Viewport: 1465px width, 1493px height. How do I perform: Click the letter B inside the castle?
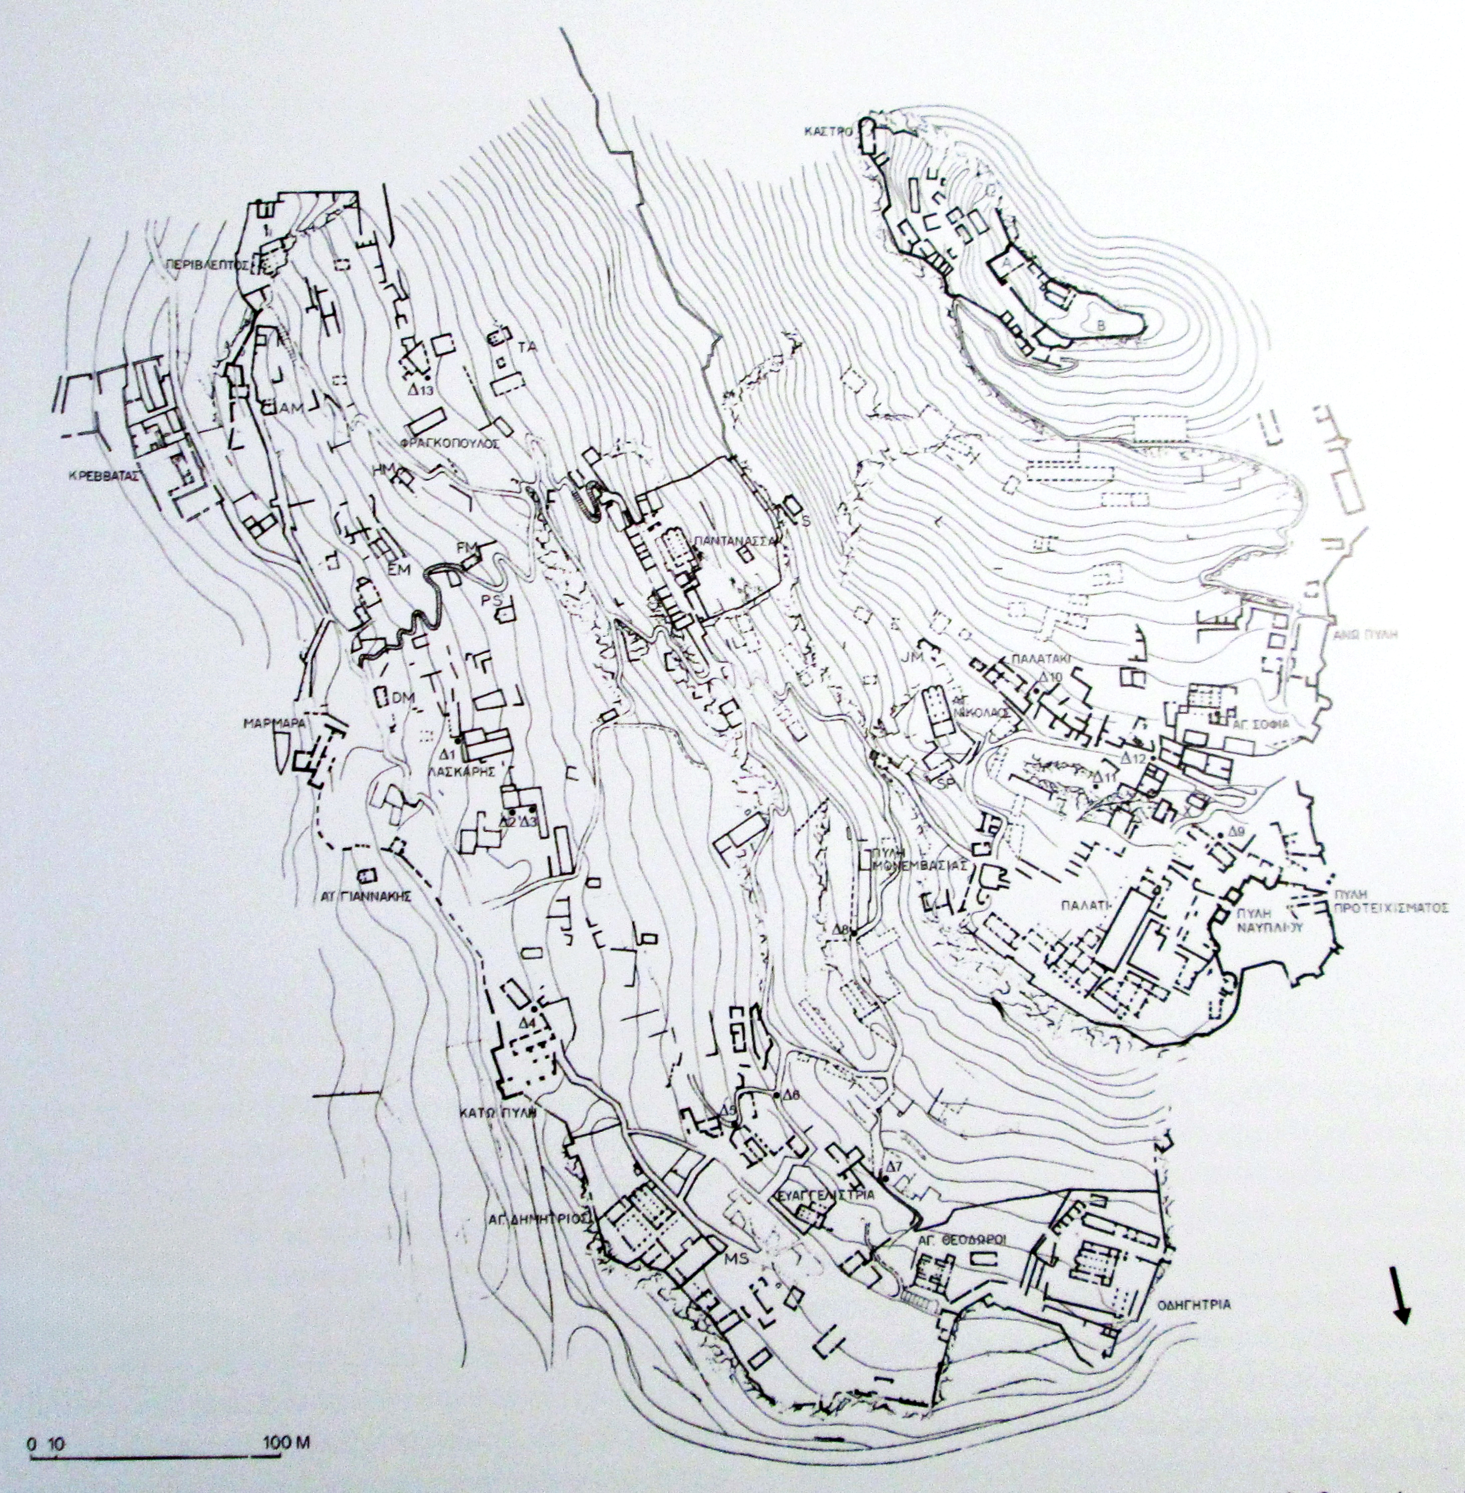(1101, 325)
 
